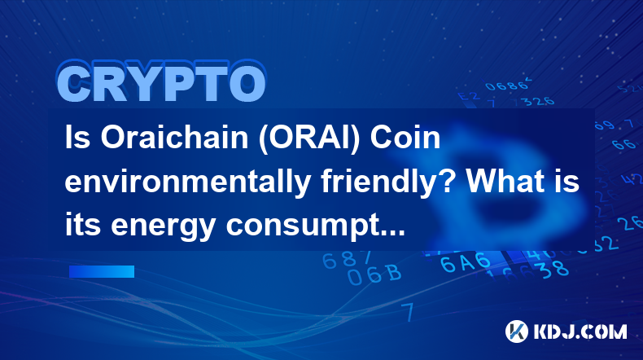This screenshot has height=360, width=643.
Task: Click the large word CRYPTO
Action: [x=161, y=82]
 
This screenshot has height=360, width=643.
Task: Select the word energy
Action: [x=164, y=227]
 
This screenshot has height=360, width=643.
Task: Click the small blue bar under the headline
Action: [x=102, y=271]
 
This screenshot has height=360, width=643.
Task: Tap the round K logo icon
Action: [x=517, y=331]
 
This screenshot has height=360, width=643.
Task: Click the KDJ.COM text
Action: [x=580, y=331]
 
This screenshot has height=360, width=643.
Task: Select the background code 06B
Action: [x=374, y=274]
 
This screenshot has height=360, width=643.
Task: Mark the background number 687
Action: [x=347, y=260]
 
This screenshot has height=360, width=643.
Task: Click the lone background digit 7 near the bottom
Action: [x=408, y=312]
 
